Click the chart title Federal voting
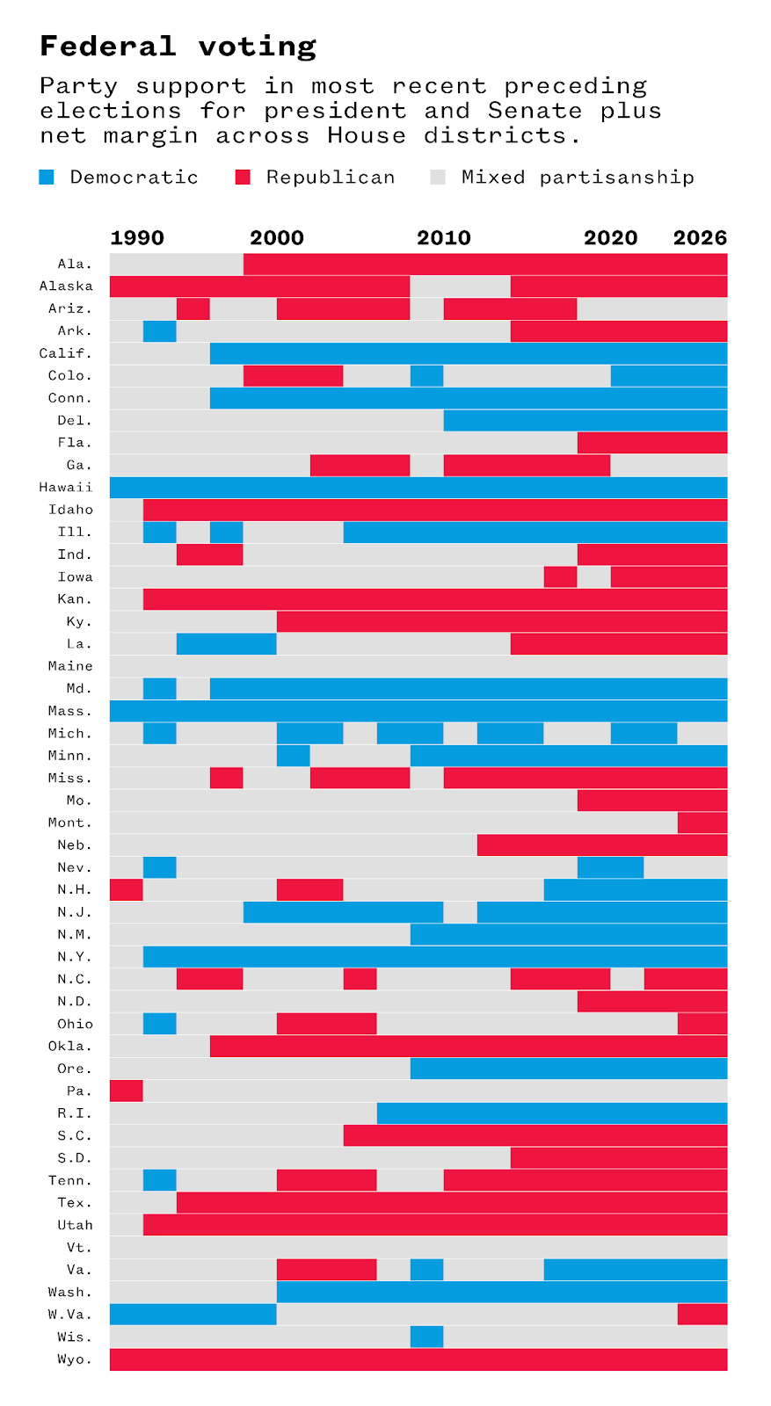(x=178, y=46)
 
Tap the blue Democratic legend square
(x=47, y=178)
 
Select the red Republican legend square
(x=243, y=178)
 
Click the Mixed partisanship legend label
(x=578, y=178)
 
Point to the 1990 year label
(x=137, y=238)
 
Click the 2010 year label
(x=444, y=238)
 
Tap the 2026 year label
(x=700, y=238)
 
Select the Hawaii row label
(x=66, y=488)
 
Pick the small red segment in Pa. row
(x=126, y=1091)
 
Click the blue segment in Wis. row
(x=426, y=1337)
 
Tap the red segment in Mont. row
(x=702, y=823)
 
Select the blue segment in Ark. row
(x=159, y=331)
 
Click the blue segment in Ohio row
(x=159, y=1024)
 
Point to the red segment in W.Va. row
(x=702, y=1315)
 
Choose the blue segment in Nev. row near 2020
(x=610, y=867)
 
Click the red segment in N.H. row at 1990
(x=126, y=889)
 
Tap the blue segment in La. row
(x=226, y=644)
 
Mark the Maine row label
(x=70, y=666)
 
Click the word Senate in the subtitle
(x=535, y=111)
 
